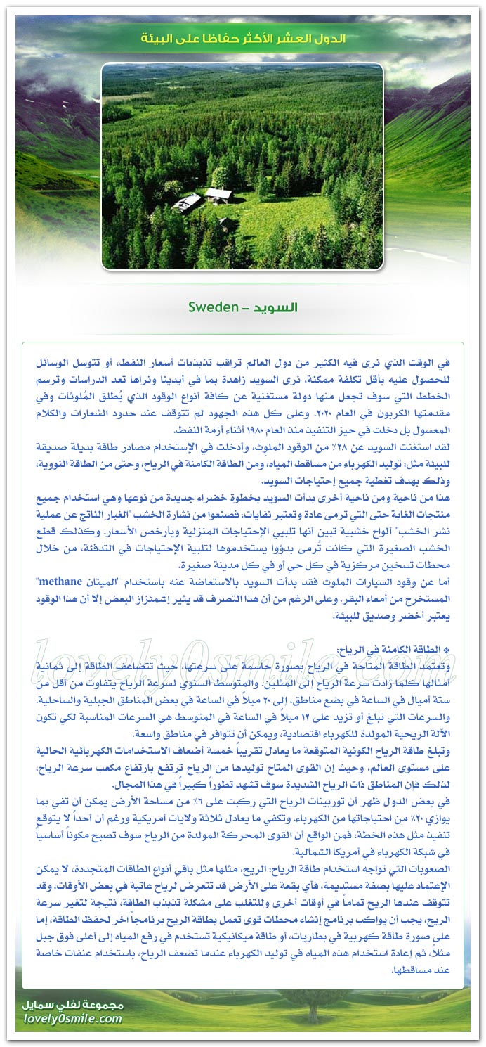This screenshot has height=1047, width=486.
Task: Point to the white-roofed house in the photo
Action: point(218,195)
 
